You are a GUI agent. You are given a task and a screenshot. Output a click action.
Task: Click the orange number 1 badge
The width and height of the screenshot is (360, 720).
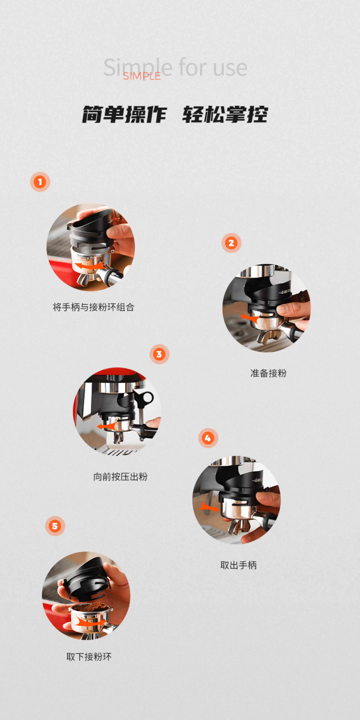[x=40, y=182]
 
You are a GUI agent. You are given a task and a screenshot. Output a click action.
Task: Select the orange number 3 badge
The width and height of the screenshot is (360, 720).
[x=159, y=354]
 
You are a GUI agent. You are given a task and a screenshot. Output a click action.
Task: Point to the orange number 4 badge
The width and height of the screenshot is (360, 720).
[x=208, y=438]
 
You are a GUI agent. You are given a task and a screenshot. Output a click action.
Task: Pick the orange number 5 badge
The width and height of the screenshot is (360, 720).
[x=55, y=526]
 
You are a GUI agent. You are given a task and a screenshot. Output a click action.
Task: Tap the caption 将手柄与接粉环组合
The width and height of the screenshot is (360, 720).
[x=93, y=307]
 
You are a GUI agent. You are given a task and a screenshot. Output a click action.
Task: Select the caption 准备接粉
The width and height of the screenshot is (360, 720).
[x=268, y=373]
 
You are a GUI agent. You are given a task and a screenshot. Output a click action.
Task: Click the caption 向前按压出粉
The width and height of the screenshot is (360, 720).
[x=120, y=477]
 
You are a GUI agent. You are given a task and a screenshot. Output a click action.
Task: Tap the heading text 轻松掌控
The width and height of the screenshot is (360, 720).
[x=225, y=114]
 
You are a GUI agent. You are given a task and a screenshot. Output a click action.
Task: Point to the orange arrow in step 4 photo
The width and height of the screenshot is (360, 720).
[x=209, y=506]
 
